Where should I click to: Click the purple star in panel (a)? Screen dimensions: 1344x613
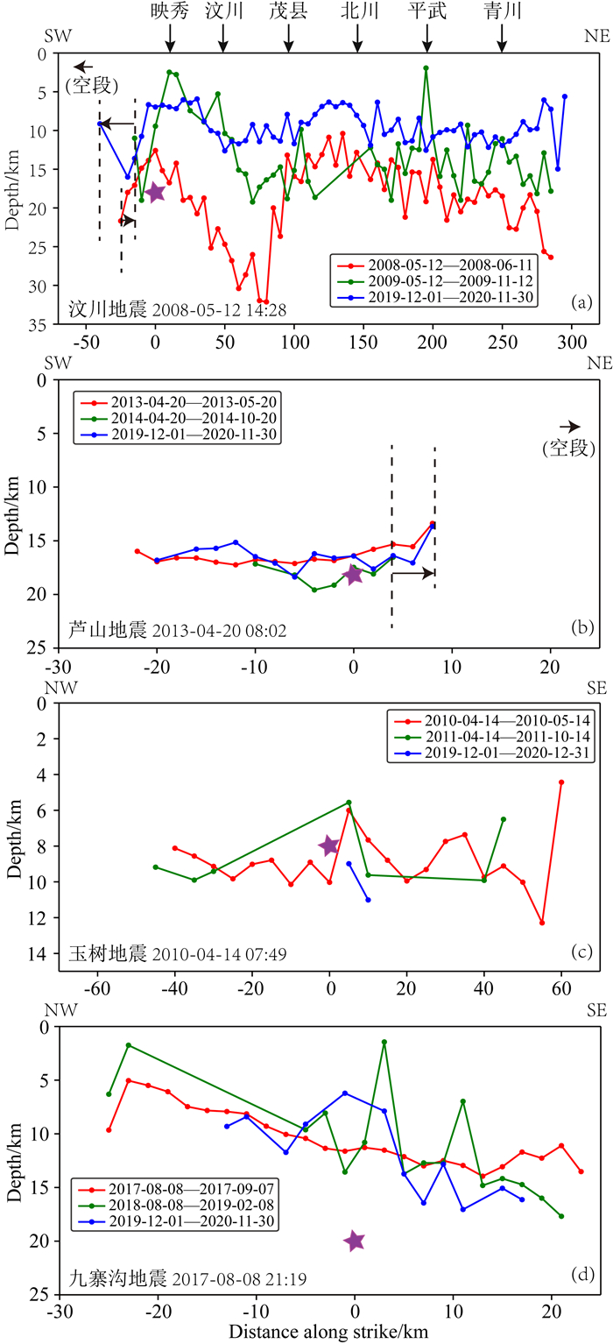click(155, 193)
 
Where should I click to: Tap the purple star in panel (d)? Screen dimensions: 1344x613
click(354, 1241)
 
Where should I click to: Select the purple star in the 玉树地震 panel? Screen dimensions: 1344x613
click(328, 845)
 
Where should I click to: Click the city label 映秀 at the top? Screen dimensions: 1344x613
click(170, 11)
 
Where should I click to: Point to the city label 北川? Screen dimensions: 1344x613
click(357, 11)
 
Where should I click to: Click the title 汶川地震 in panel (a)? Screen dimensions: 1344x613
click(100, 308)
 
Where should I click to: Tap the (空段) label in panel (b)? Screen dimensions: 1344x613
click(567, 449)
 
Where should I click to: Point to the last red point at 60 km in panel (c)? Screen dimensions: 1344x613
click(561, 782)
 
